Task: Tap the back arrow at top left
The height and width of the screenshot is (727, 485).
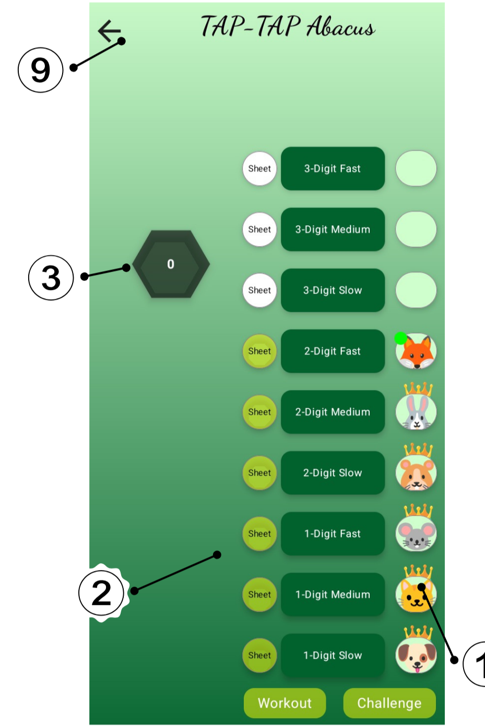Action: pyautogui.click(x=109, y=31)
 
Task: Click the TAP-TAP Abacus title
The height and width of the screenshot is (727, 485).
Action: pyautogui.click(x=288, y=27)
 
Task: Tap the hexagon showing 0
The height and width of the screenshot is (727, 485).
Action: pyautogui.click(x=171, y=264)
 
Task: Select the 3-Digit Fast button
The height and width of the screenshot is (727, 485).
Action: pyautogui.click(x=333, y=168)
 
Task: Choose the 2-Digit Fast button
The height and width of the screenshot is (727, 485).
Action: pyautogui.click(x=333, y=351)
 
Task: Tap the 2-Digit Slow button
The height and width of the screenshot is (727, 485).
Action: pyautogui.click(x=333, y=473)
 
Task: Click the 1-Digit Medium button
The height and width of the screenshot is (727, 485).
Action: pyautogui.click(x=333, y=595)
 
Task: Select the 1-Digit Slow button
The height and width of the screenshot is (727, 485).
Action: pyautogui.click(x=333, y=656)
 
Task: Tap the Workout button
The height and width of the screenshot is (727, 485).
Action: pyautogui.click(x=285, y=703)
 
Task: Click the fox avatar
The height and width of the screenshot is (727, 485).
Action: pyautogui.click(x=417, y=352)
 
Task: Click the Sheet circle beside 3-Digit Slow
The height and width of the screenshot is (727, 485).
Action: pyautogui.click(x=259, y=290)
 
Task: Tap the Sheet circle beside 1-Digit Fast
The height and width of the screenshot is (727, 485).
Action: pyautogui.click(x=259, y=534)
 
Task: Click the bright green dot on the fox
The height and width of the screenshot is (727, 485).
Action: pyautogui.click(x=401, y=338)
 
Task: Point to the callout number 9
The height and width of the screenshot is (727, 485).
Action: pyautogui.click(x=41, y=70)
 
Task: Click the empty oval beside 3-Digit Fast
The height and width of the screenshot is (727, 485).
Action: pyautogui.click(x=416, y=168)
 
